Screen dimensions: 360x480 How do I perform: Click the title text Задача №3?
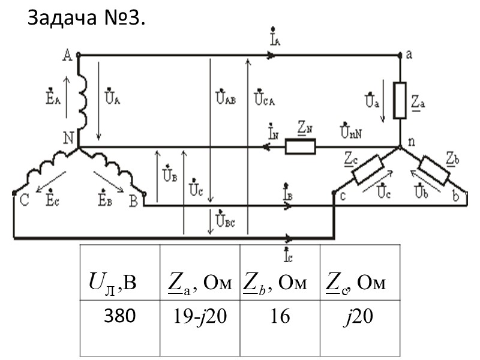click(x=86, y=20)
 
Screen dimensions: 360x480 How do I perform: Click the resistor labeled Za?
click(x=400, y=100)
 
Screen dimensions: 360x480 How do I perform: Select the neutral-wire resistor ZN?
click(x=301, y=147)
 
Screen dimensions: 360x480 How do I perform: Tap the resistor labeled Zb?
click(x=434, y=170)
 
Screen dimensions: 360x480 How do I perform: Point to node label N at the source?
click(x=68, y=138)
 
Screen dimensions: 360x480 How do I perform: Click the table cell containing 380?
click(x=120, y=316)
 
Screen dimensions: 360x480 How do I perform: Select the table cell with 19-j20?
click(x=199, y=316)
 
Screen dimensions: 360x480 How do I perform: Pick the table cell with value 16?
click(x=280, y=316)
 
